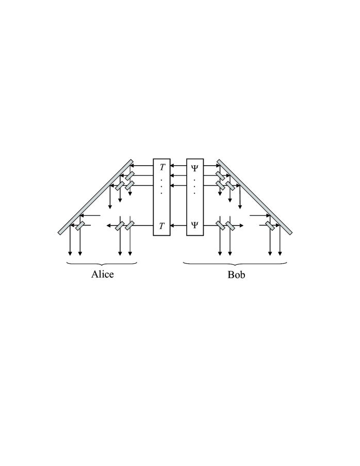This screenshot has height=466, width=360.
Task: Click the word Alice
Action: (x=102, y=274)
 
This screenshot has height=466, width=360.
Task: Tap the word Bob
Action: (x=236, y=274)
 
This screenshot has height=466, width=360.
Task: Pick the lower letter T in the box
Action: (x=161, y=226)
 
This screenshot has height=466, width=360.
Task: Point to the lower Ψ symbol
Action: (x=195, y=226)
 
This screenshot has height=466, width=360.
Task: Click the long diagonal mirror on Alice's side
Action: (x=96, y=197)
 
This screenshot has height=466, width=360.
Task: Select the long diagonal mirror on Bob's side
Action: (x=254, y=197)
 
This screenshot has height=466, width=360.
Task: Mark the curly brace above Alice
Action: (x=102, y=264)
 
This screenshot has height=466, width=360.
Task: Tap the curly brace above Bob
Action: (x=235, y=264)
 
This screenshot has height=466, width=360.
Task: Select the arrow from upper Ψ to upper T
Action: (x=178, y=166)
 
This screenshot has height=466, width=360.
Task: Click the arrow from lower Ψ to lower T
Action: (x=178, y=226)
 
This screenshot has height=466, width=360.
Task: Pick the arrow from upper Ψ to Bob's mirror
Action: (x=211, y=166)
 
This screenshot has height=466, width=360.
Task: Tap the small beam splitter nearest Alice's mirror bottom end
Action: (x=79, y=226)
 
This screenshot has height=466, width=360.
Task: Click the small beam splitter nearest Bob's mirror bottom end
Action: (x=270, y=226)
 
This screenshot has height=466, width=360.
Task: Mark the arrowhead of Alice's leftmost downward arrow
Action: (x=70, y=253)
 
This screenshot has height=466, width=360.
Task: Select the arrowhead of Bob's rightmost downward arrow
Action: (x=280, y=253)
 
